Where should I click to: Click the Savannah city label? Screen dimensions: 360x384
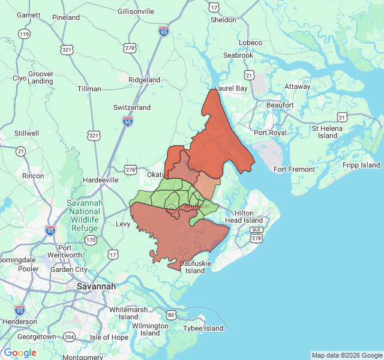[x=96, y=287]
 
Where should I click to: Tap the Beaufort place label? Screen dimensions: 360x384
[x=280, y=105]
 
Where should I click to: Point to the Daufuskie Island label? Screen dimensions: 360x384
[x=192, y=267]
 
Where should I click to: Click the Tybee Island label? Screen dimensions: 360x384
[x=203, y=328]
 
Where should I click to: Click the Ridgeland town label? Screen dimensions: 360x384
[x=144, y=80]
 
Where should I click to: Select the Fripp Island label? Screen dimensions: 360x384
[x=362, y=165]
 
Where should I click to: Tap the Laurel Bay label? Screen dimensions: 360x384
[x=231, y=88]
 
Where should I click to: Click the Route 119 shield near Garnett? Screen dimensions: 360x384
[x=23, y=34]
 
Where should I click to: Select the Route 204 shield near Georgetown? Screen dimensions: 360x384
[x=70, y=337]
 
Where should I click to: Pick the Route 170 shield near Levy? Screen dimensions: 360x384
[x=90, y=240]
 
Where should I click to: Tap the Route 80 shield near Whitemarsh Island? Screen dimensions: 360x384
[x=171, y=314]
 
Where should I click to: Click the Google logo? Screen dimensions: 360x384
[x=20, y=353]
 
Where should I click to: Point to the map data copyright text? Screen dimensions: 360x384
[x=347, y=355]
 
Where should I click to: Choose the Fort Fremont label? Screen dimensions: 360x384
[x=294, y=169]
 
